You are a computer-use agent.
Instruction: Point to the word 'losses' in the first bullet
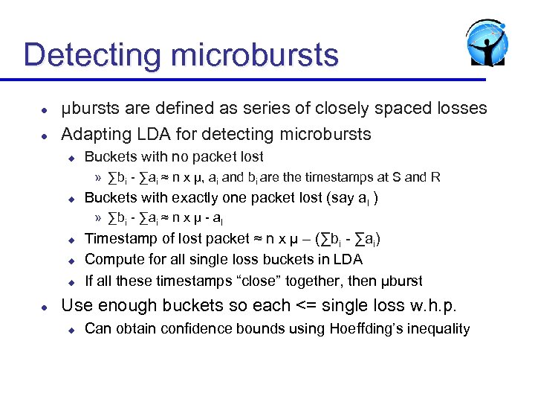click(458, 109)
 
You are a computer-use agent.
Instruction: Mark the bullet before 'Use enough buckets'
click(45, 306)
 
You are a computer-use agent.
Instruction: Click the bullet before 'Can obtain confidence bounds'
click(70, 329)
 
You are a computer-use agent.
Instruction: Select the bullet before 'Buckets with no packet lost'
click(70, 157)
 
